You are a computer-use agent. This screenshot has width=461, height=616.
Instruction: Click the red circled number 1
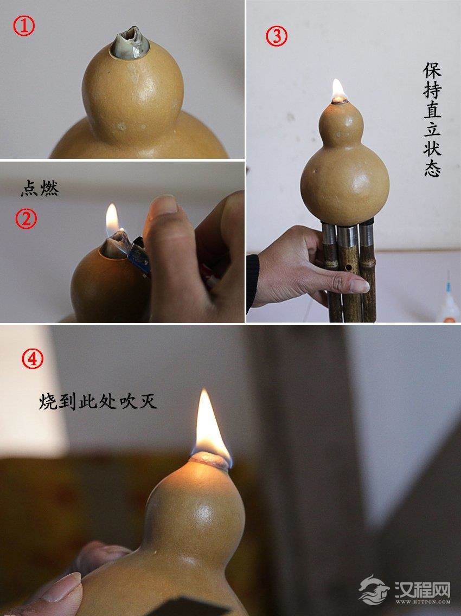[24, 26]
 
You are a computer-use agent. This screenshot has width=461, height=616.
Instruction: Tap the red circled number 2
[26, 219]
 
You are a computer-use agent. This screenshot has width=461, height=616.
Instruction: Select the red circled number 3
[276, 36]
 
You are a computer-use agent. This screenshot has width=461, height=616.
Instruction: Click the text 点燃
[40, 189]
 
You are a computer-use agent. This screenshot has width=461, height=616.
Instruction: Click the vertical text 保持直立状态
[432, 119]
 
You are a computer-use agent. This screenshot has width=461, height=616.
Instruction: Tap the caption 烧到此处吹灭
[98, 401]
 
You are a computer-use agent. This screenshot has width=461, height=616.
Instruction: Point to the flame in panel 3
[338, 89]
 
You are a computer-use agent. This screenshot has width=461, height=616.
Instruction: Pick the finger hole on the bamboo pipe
[348, 267]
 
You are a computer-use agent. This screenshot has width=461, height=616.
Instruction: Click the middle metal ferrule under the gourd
[347, 235]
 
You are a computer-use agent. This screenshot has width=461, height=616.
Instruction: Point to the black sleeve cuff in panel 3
[252, 281]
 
